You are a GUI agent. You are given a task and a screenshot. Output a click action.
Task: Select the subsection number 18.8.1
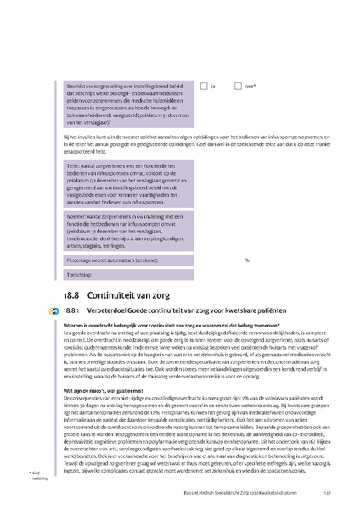pyautogui.click(x=73, y=310)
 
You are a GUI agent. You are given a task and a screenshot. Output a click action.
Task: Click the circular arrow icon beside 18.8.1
pyautogui.click(x=54, y=311)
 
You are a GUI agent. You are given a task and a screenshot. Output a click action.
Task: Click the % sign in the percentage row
pyautogui.click(x=247, y=260)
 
